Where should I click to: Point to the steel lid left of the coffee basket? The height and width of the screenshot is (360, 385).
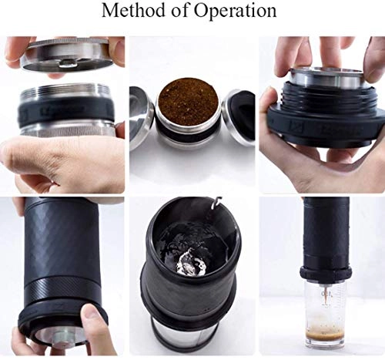142,116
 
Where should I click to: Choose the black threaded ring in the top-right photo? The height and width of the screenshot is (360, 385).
323,116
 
